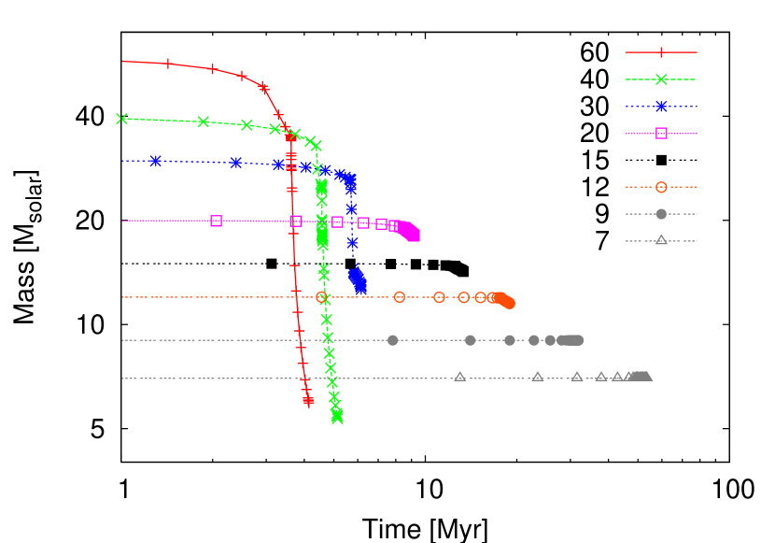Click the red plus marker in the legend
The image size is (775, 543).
tap(661, 52)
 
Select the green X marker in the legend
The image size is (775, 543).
tap(661, 79)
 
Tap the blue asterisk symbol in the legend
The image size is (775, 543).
tap(661, 107)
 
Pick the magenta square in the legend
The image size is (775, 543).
tap(661, 133)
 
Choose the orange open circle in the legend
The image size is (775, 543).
tap(661, 187)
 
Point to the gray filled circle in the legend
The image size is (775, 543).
tap(661, 213)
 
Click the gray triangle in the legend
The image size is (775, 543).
tap(661, 239)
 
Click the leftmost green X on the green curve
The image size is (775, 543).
tap(122, 119)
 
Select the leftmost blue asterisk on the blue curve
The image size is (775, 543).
tap(155, 161)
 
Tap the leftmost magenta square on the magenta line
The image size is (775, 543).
tap(216, 221)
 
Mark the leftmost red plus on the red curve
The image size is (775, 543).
tap(168, 64)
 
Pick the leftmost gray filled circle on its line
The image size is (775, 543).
tap(392, 340)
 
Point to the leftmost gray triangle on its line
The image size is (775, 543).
tap(459, 377)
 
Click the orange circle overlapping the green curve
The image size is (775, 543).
tap(322, 297)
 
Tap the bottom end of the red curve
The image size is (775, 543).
tap(308, 401)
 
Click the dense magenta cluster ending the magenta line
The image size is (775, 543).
tap(409, 232)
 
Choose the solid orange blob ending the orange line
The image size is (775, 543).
tap(504, 300)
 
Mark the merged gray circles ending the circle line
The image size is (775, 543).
tap(570, 340)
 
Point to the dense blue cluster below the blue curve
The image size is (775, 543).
tap(358, 279)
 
